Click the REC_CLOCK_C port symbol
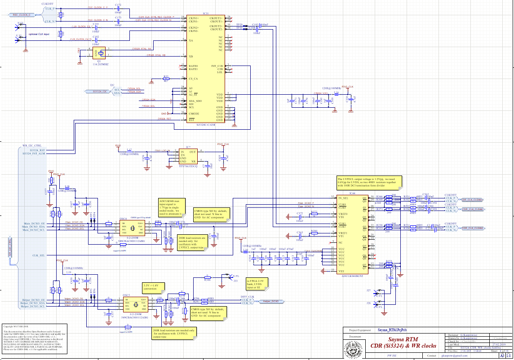point(21,15)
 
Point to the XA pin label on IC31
point(191,40)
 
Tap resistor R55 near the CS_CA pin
point(166,79)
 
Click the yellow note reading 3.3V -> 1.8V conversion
point(154,287)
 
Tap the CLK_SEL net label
point(39,255)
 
